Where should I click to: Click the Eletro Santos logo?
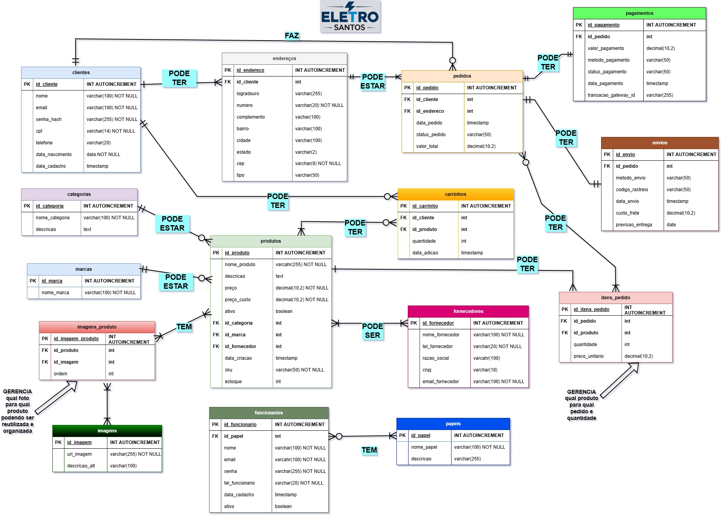[350, 16]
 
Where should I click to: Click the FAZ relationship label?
[291, 36]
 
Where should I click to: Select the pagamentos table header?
[639, 13]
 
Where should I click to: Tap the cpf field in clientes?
[39, 131]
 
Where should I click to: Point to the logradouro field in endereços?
[248, 94]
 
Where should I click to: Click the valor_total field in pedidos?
[427, 146]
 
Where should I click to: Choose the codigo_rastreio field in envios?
[632, 190]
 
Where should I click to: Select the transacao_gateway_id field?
[611, 95]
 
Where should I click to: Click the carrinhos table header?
[455, 194]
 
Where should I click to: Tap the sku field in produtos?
[229, 370]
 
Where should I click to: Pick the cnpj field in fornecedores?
[427, 370]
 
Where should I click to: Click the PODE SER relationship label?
[372, 330]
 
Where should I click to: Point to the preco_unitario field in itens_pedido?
[588, 356]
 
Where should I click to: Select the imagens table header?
[107, 431]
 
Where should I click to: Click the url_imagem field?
[79, 454]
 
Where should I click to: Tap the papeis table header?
[453, 424]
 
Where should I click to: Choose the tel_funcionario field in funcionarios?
[239, 483]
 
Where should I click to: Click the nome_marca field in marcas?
[55, 293]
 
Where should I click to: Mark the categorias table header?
[79, 194]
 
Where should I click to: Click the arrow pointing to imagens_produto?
[56, 398]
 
